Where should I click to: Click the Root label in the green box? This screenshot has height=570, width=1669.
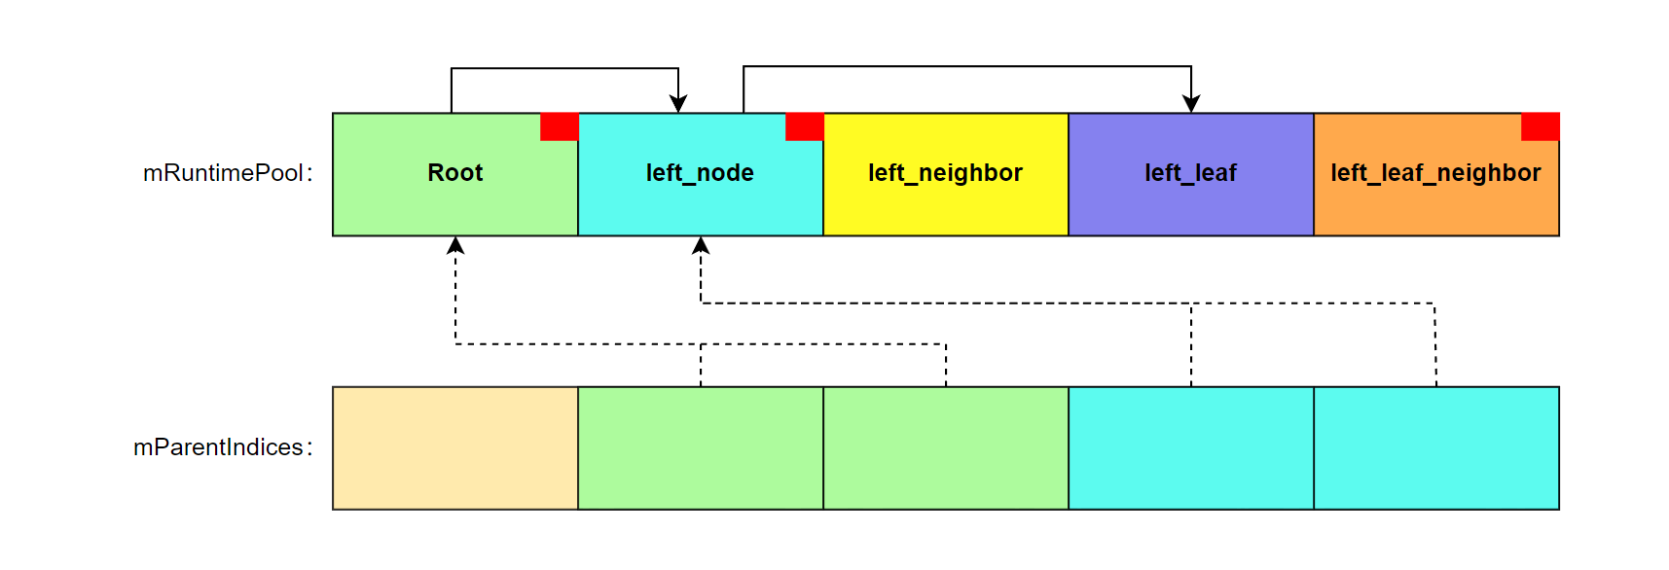coord(454,173)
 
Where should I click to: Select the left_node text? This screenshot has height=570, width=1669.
coord(700,173)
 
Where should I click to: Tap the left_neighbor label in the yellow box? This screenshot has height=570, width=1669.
coord(945,173)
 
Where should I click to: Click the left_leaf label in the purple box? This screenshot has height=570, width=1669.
coord(1190,173)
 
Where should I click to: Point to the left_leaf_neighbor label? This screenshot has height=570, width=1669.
coord(1435,173)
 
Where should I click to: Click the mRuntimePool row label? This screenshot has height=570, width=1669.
coord(228,173)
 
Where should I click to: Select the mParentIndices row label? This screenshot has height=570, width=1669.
coord(223,447)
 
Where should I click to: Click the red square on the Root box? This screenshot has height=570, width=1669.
coord(560,126)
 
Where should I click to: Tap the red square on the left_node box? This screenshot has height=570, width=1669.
coord(805,126)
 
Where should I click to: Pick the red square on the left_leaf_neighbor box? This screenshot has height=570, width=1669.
coord(1541,126)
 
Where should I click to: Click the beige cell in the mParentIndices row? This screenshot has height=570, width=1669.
coord(454,447)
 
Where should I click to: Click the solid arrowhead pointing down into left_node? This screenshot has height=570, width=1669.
coord(678,104)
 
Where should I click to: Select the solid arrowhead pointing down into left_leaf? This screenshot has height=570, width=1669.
coord(1191,104)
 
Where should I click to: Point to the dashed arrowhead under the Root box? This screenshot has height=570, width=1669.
coord(455,245)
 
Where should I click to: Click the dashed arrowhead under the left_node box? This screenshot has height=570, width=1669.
coord(701,245)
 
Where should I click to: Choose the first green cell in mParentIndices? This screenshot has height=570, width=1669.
coord(700,447)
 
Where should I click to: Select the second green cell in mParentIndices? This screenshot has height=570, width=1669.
coord(945,447)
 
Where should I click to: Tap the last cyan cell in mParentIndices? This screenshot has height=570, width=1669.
coord(1435,447)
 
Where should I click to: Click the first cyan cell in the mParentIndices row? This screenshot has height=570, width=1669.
coord(1190,447)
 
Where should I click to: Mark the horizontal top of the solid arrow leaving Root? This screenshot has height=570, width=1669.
coord(564,68)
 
